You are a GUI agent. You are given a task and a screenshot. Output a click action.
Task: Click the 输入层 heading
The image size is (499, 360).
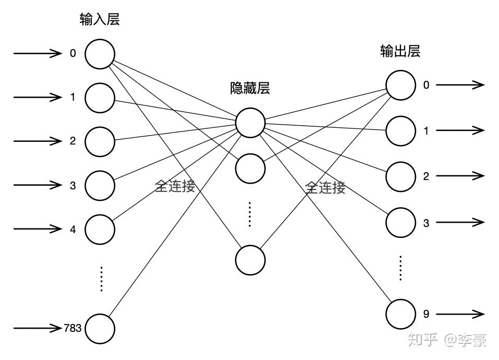100,20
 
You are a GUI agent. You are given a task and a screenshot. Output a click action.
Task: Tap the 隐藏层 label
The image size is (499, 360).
250,87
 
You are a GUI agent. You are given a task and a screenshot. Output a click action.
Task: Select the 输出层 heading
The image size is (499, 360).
400,51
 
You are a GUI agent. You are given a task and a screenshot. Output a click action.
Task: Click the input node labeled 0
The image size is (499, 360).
100,54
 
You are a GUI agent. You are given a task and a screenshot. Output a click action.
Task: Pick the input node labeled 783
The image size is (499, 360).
100,328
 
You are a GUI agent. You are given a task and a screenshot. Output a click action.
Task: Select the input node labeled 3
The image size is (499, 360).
100,185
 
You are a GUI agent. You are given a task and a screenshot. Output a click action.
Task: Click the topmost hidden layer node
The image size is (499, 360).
250,123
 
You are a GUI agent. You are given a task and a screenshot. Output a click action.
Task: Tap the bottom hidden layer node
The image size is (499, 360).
250,260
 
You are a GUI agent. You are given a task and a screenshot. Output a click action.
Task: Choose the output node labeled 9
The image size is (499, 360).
401,314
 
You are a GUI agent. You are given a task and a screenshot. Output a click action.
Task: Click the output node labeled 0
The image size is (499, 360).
401,85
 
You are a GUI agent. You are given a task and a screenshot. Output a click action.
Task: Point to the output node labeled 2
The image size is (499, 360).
401,176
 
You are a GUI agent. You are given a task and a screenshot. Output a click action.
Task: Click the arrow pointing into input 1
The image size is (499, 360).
38,97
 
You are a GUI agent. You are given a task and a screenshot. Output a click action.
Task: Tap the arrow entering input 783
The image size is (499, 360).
38,328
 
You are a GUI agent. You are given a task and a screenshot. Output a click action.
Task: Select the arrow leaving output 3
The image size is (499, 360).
460,222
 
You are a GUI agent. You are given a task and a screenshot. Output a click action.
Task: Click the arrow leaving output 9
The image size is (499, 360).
460,314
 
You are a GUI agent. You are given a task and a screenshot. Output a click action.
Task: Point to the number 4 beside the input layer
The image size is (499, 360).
73,229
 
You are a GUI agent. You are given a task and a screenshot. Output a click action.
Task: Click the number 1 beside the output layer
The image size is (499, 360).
426,131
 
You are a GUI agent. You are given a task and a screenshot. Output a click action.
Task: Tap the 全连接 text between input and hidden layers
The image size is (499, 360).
175,186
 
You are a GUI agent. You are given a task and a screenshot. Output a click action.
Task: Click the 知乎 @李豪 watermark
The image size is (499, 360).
447,340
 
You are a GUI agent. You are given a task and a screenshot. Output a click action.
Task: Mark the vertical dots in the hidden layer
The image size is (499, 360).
250,214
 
